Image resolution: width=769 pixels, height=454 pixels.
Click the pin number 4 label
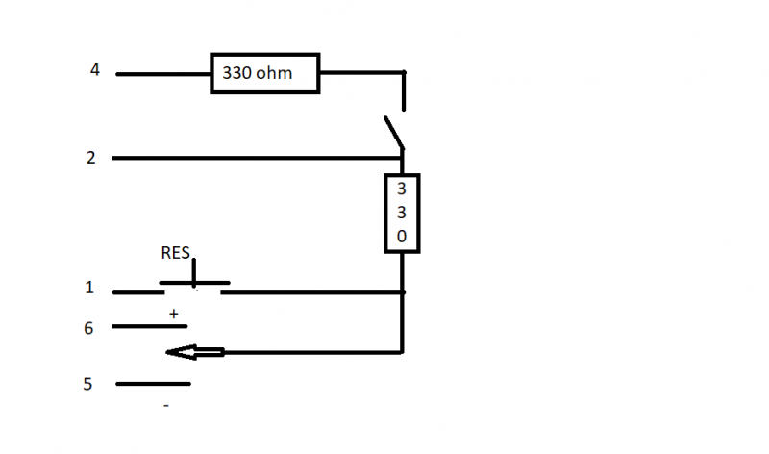(94, 69)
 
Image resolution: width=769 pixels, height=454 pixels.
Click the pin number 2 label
(90, 158)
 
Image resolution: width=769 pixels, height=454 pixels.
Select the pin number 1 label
(89, 288)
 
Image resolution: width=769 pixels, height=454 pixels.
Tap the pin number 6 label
(88, 328)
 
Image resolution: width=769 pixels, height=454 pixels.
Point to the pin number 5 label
(87, 384)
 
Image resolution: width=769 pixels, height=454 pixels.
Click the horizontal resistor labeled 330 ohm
(265, 73)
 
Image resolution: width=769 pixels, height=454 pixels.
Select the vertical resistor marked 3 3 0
(402, 213)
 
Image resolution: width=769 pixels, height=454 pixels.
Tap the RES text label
(175, 254)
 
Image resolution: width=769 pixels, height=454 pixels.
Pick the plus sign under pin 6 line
(174, 314)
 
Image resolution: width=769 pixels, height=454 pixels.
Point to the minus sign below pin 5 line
(166, 406)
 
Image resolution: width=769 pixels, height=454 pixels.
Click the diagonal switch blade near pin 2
(394, 133)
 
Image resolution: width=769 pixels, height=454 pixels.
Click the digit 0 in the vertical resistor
(402, 236)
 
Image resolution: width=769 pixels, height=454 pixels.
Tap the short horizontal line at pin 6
(149, 327)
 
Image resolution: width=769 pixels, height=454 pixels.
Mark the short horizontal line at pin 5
(153, 384)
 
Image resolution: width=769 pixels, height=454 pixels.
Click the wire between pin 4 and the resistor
(163, 73)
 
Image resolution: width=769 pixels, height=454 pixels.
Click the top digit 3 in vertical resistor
(402, 189)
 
